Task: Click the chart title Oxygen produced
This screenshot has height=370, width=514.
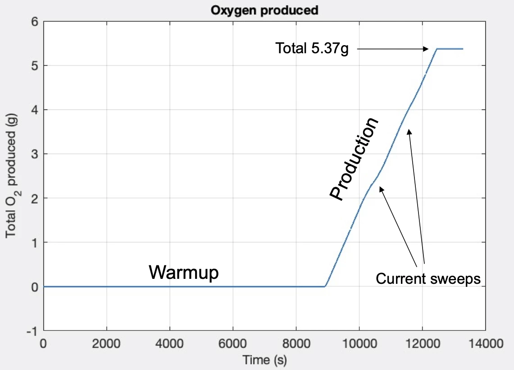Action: click(x=264, y=10)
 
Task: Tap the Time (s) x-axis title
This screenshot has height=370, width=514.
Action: click(x=264, y=360)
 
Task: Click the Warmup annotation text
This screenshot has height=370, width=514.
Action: click(x=184, y=273)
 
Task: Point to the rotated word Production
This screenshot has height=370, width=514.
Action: click(x=353, y=159)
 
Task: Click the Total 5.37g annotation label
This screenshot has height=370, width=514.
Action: click(x=312, y=48)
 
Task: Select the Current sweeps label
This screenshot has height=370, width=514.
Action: click(x=428, y=279)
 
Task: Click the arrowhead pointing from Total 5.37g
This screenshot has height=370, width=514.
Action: click(x=426, y=49)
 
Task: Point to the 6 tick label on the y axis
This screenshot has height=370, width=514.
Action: click(x=34, y=22)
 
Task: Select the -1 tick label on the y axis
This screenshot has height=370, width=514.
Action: click(x=32, y=331)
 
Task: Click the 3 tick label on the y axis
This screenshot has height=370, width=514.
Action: click(x=34, y=154)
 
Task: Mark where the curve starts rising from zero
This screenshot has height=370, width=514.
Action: click(x=325, y=286)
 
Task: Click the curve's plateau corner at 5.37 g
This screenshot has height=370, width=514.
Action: click(x=437, y=49)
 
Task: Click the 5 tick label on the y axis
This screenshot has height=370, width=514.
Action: click(x=34, y=66)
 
